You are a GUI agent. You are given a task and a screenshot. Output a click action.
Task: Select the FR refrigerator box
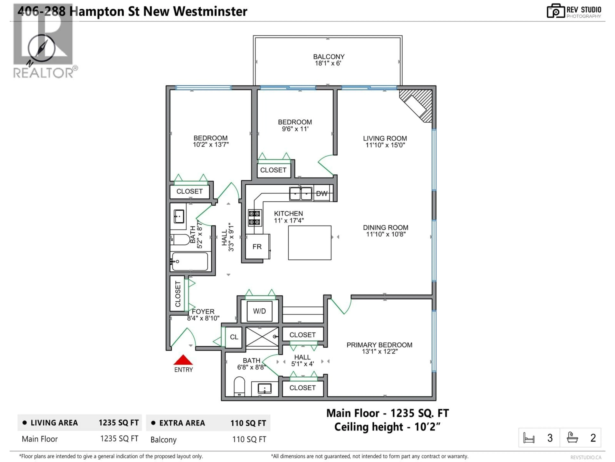(x=257, y=246)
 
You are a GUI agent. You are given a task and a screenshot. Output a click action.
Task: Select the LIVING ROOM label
(x=385, y=138)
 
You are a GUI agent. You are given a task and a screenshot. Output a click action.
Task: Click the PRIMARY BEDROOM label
(x=379, y=345)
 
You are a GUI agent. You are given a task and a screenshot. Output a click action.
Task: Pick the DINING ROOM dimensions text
(x=386, y=234)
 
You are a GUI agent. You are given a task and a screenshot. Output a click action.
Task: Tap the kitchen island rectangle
(x=309, y=243)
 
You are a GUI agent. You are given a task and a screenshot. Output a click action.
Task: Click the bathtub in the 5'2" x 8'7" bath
(x=190, y=261)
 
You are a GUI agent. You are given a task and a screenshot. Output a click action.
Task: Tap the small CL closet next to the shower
(x=234, y=337)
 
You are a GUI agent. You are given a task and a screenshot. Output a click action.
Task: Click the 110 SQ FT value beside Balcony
(x=249, y=439)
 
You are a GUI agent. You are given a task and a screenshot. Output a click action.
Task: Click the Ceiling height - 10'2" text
(x=387, y=427)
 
